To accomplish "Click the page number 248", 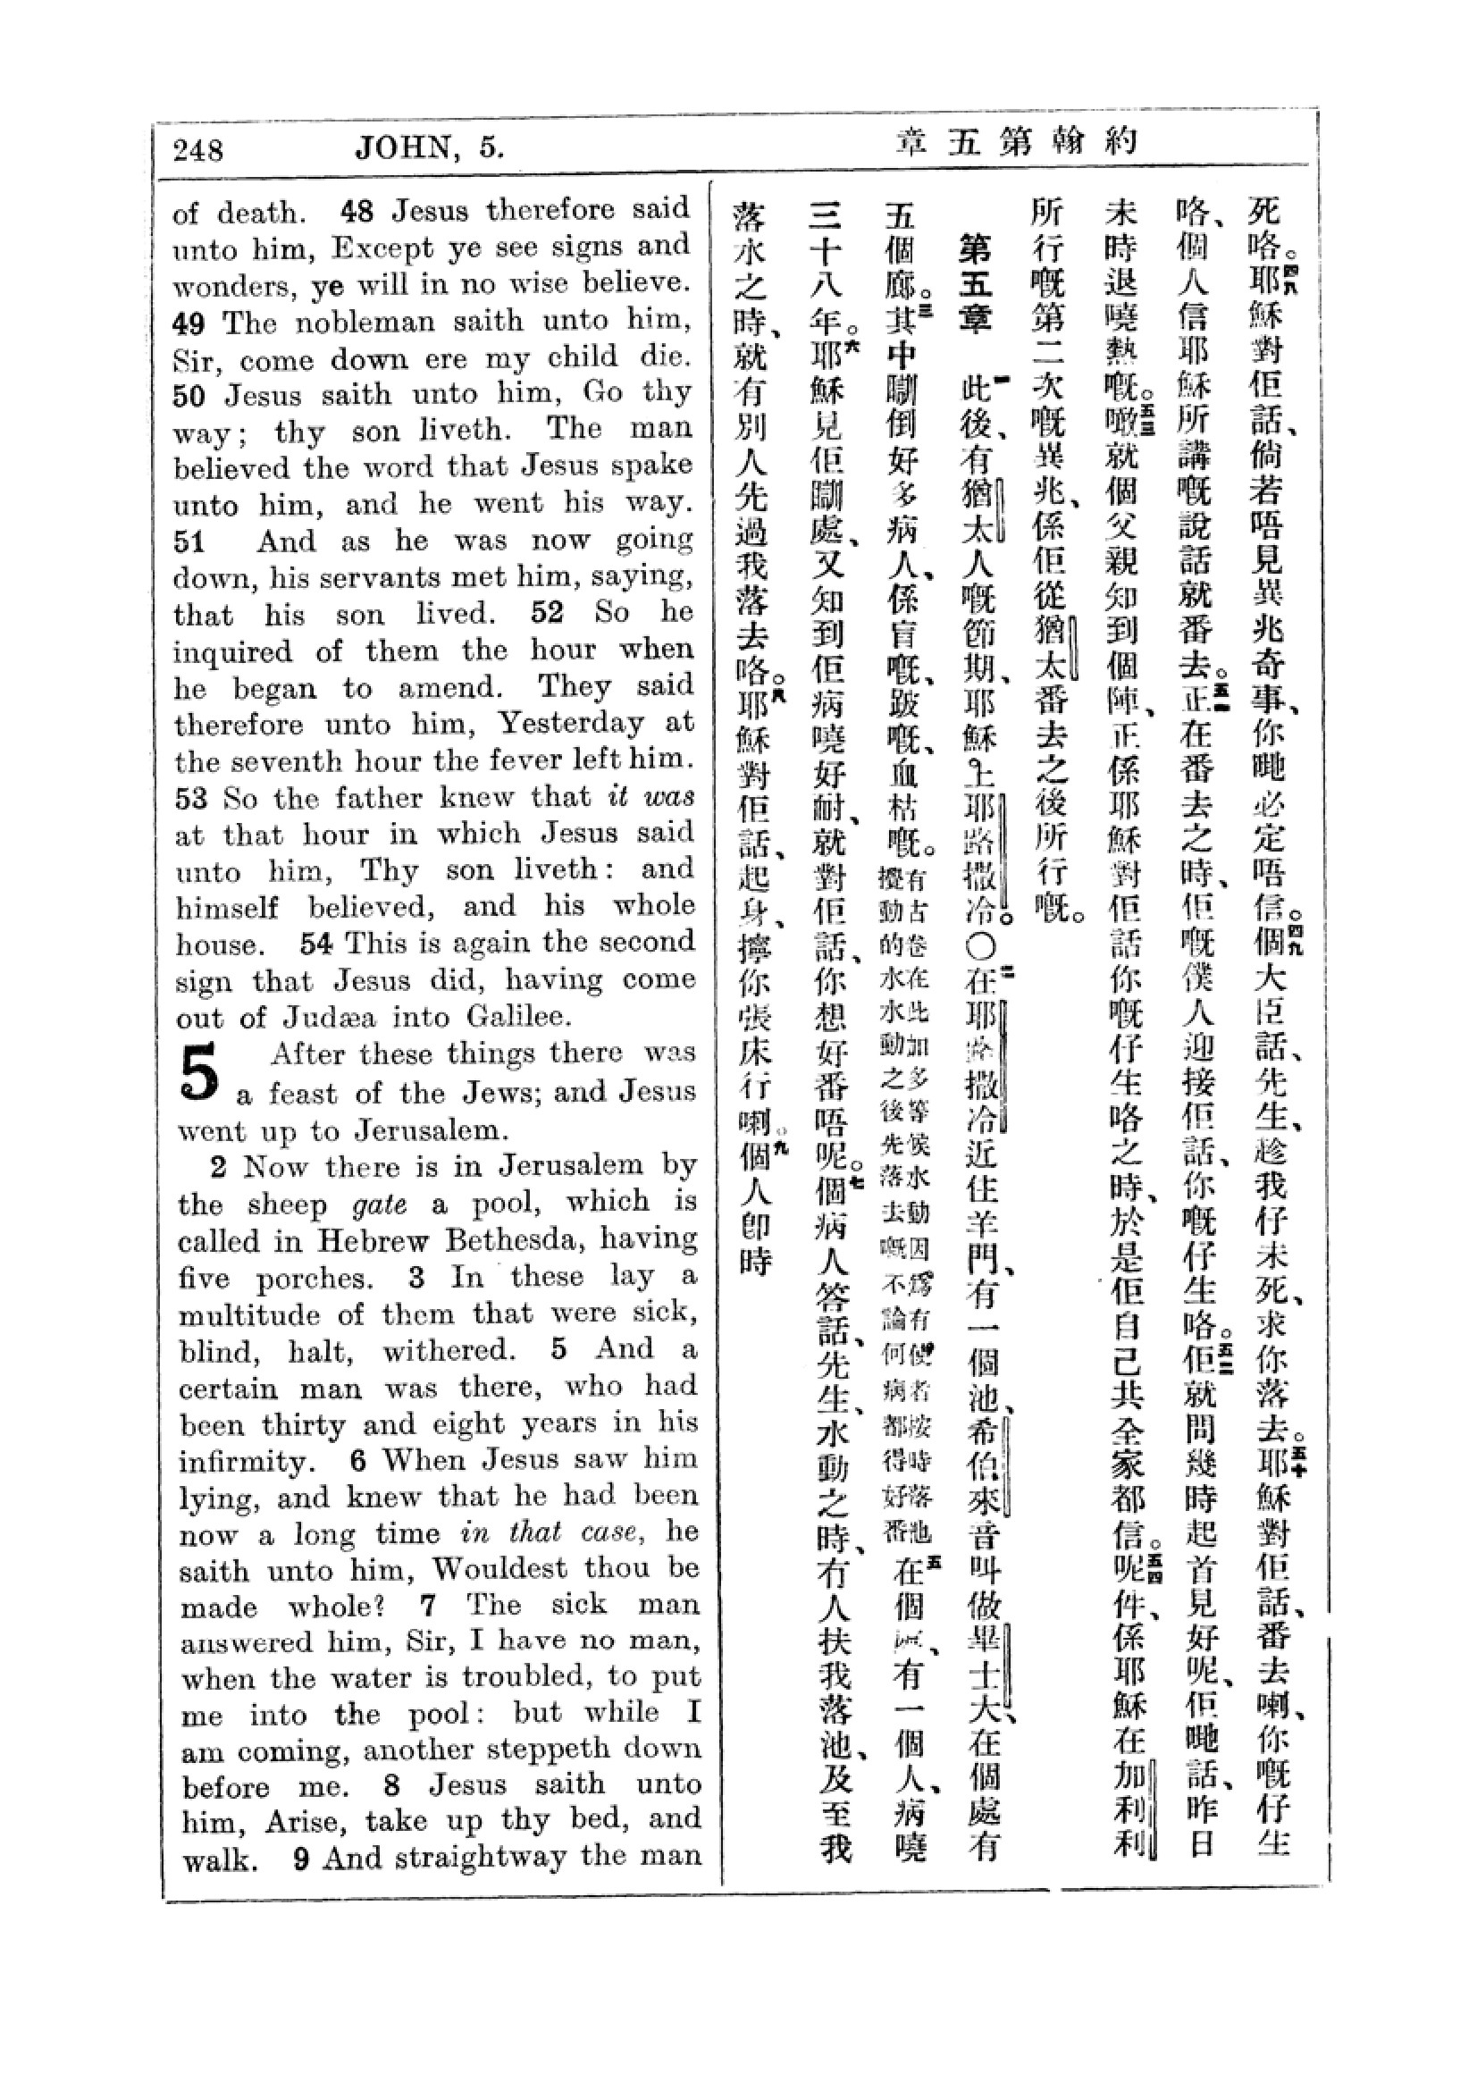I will pyautogui.click(x=197, y=149).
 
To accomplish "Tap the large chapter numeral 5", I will pyautogui.click(x=200, y=1073).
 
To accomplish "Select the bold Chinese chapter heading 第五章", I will pyautogui.click(x=976, y=283).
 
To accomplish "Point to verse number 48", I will pyautogui.click(x=357, y=212).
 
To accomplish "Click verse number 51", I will pyautogui.click(x=190, y=542).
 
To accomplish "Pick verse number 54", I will pyautogui.click(x=315, y=943).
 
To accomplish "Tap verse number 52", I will pyautogui.click(x=547, y=613).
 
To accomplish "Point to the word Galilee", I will pyautogui.click(x=519, y=1018).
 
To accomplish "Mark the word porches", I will pyautogui.click(x=313, y=1278).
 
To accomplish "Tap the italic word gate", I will pyautogui.click(x=380, y=1204).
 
